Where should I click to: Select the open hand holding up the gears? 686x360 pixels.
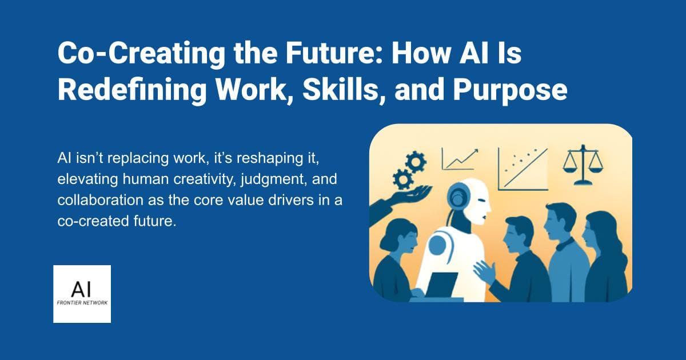pyautogui.click(x=400, y=197)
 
